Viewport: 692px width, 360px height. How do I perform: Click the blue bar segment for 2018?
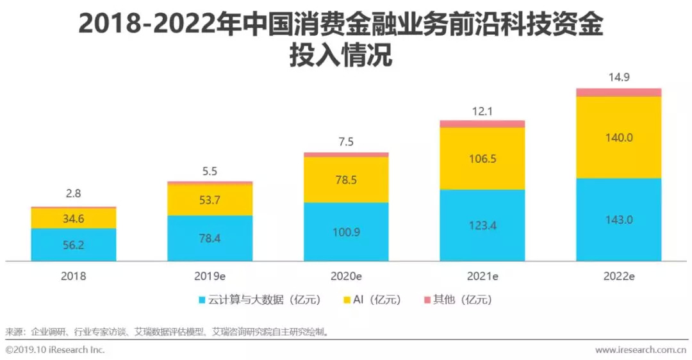74,244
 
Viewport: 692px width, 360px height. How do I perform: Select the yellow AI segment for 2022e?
618,136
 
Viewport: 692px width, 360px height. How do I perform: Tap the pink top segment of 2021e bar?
482,124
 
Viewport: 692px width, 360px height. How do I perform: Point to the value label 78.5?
346,180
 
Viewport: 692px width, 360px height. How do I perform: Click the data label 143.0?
619,219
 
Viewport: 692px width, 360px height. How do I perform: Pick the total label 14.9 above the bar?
619,78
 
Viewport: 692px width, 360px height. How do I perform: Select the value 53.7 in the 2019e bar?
210,200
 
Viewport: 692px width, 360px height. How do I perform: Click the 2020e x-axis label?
346,277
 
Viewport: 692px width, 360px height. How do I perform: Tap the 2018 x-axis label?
74,277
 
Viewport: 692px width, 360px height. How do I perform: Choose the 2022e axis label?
619,277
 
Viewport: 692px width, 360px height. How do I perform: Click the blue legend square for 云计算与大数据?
202,300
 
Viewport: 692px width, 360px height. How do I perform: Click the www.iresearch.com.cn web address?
640,350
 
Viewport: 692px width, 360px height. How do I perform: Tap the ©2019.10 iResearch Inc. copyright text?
55,350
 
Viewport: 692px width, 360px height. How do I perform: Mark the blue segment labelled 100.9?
346,231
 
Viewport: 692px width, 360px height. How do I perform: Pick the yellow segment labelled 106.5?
482,158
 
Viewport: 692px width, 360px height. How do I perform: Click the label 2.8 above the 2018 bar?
74,193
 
